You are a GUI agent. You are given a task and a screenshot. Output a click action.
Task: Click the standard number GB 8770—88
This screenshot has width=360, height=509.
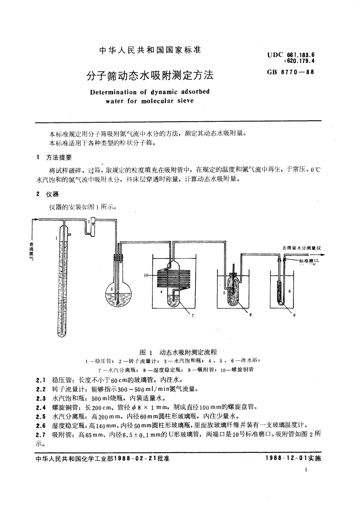click(290, 72)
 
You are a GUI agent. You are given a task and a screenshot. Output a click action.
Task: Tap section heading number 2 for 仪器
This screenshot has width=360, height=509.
click(38, 194)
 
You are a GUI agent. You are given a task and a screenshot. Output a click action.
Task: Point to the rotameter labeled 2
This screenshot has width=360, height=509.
click(91, 225)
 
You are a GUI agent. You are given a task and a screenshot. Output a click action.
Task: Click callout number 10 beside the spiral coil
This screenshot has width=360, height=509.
click(146, 275)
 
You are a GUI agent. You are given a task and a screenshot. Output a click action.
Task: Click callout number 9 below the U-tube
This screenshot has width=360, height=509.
click(294, 315)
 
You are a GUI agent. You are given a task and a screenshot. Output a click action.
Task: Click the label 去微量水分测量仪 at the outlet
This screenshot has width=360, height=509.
click(301, 248)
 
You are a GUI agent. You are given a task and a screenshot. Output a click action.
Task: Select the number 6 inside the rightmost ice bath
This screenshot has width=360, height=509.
click(289, 291)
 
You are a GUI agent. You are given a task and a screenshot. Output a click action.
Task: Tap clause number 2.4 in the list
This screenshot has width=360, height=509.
click(41, 407)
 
